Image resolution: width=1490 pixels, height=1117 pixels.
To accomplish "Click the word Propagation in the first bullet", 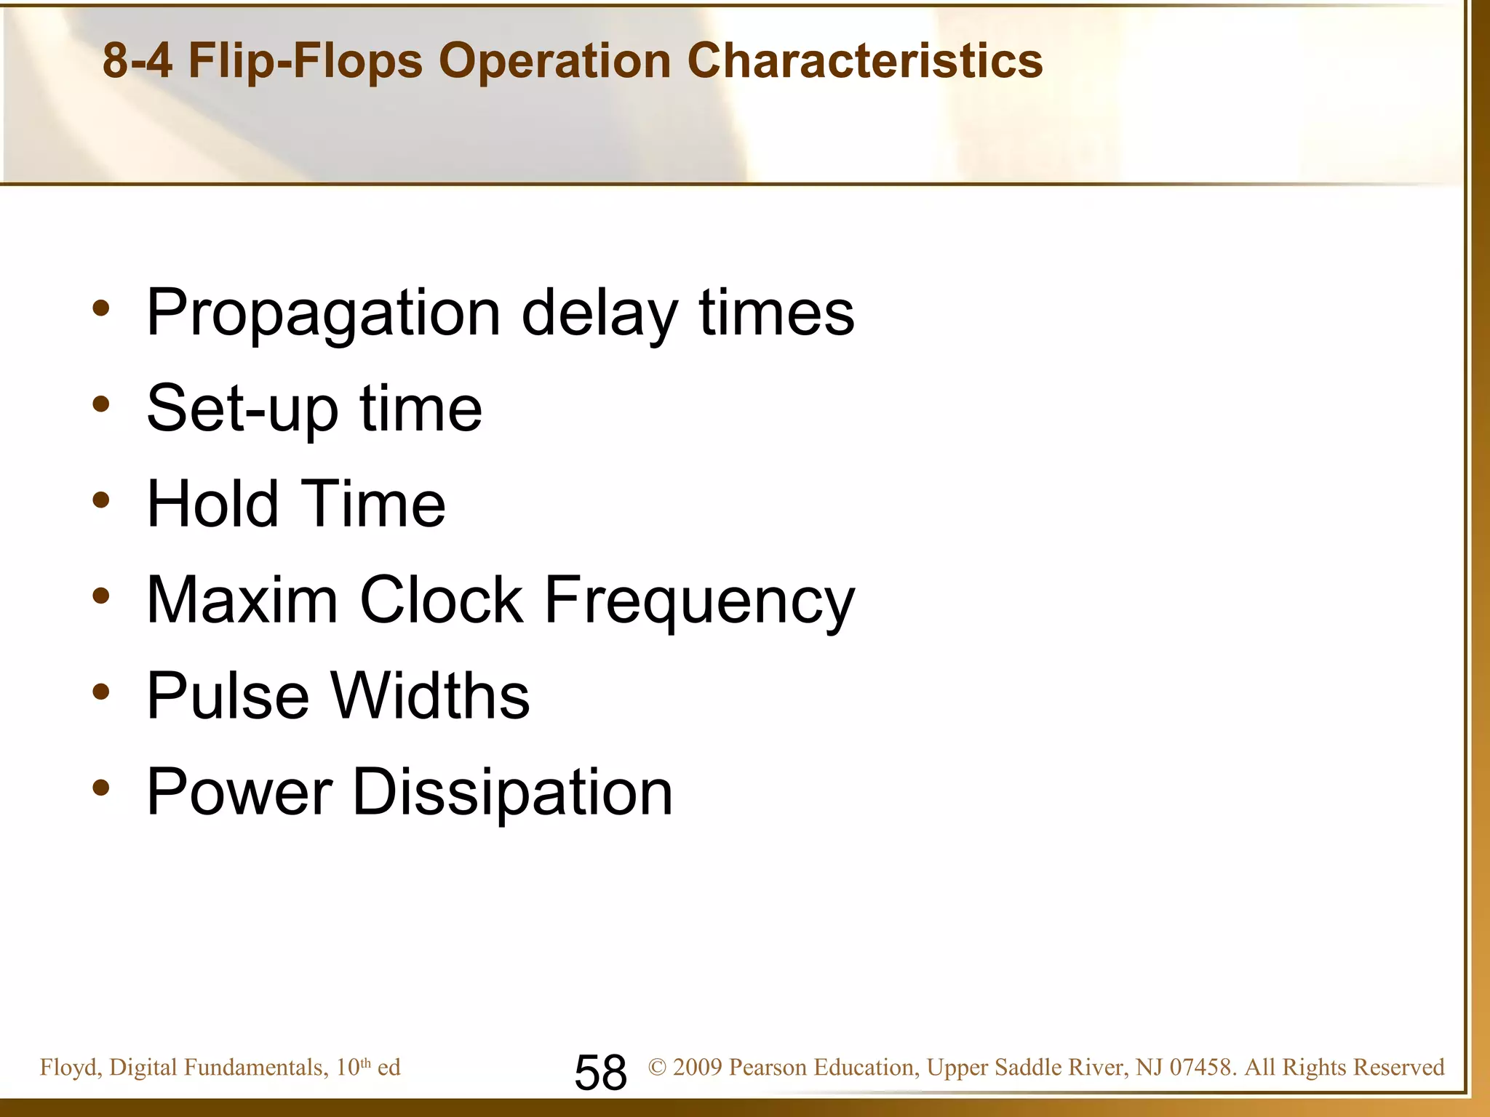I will pyautogui.click(x=324, y=313).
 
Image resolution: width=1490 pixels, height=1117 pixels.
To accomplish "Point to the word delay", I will pyautogui.click(x=599, y=313).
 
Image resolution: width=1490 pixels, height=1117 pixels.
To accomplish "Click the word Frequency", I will pyautogui.click(x=699, y=602).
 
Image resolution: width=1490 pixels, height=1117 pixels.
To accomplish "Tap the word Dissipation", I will pyautogui.click(x=512, y=793).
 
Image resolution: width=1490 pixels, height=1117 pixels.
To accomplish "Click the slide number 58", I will pyautogui.click(x=600, y=1072).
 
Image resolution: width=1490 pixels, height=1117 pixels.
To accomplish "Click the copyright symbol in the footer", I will pyautogui.click(x=657, y=1067).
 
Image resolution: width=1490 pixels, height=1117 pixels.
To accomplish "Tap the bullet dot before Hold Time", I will pyautogui.click(x=101, y=500).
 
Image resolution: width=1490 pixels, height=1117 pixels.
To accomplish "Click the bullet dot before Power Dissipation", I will pyautogui.click(x=101, y=787).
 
